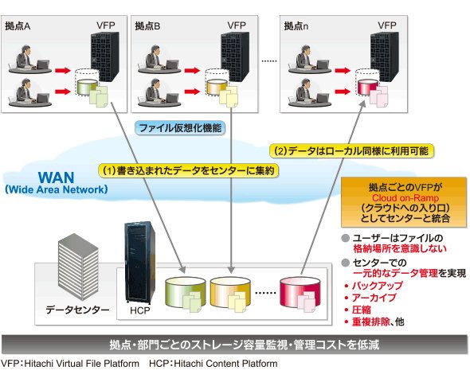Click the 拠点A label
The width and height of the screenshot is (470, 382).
(18, 26)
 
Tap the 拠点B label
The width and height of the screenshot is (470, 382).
(147, 26)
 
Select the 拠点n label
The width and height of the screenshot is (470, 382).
(296, 26)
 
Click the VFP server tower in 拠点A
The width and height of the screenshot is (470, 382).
(104, 57)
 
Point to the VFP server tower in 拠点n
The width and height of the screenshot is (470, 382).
(385, 57)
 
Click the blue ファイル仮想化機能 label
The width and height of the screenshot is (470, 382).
(180, 128)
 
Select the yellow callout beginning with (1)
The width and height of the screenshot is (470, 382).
(189, 170)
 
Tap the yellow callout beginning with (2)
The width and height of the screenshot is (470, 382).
(351, 150)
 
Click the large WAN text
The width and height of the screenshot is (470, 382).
(57, 177)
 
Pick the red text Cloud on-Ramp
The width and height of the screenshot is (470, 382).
(405, 198)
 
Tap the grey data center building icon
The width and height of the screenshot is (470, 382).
(78, 267)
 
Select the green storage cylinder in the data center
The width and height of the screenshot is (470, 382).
(186, 293)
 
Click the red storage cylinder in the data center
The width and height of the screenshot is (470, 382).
(300, 293)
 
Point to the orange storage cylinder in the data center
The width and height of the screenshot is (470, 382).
(230, 293)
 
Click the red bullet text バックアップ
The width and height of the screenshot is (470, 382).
(378, 286)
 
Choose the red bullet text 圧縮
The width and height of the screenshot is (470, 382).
(362, 310)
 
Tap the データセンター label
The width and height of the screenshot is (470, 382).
(77, 310)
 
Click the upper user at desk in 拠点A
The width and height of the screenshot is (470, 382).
(30, 59)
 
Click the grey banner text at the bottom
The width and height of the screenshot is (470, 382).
(245, 345)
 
